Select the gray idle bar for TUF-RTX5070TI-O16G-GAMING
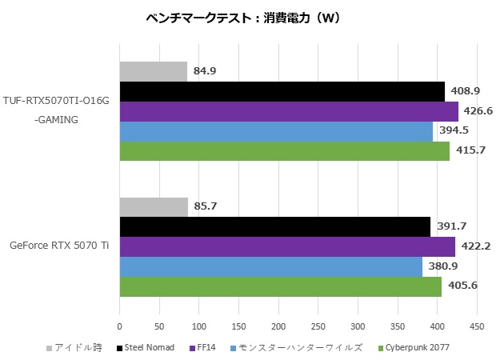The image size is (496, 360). coord(153,71)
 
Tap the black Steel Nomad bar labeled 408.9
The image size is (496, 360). coord(282,91)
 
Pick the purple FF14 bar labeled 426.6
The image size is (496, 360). coord(289,111)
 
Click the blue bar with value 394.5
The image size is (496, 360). coord(276,131)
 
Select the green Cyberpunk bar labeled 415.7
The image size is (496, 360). coord(284,151)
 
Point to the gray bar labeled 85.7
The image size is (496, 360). coord(154,207)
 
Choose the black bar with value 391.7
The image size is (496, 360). coord(275,226)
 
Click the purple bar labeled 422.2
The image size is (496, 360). coord(287,246)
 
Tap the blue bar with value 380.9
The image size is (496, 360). coord(270,266)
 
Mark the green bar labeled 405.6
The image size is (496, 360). coord(280,286)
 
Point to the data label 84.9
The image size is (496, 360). coord(205,71)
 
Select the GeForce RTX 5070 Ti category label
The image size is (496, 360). coord(60,246)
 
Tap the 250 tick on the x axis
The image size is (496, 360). coord(318,326)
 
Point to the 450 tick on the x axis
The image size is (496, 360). coord(476,326)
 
